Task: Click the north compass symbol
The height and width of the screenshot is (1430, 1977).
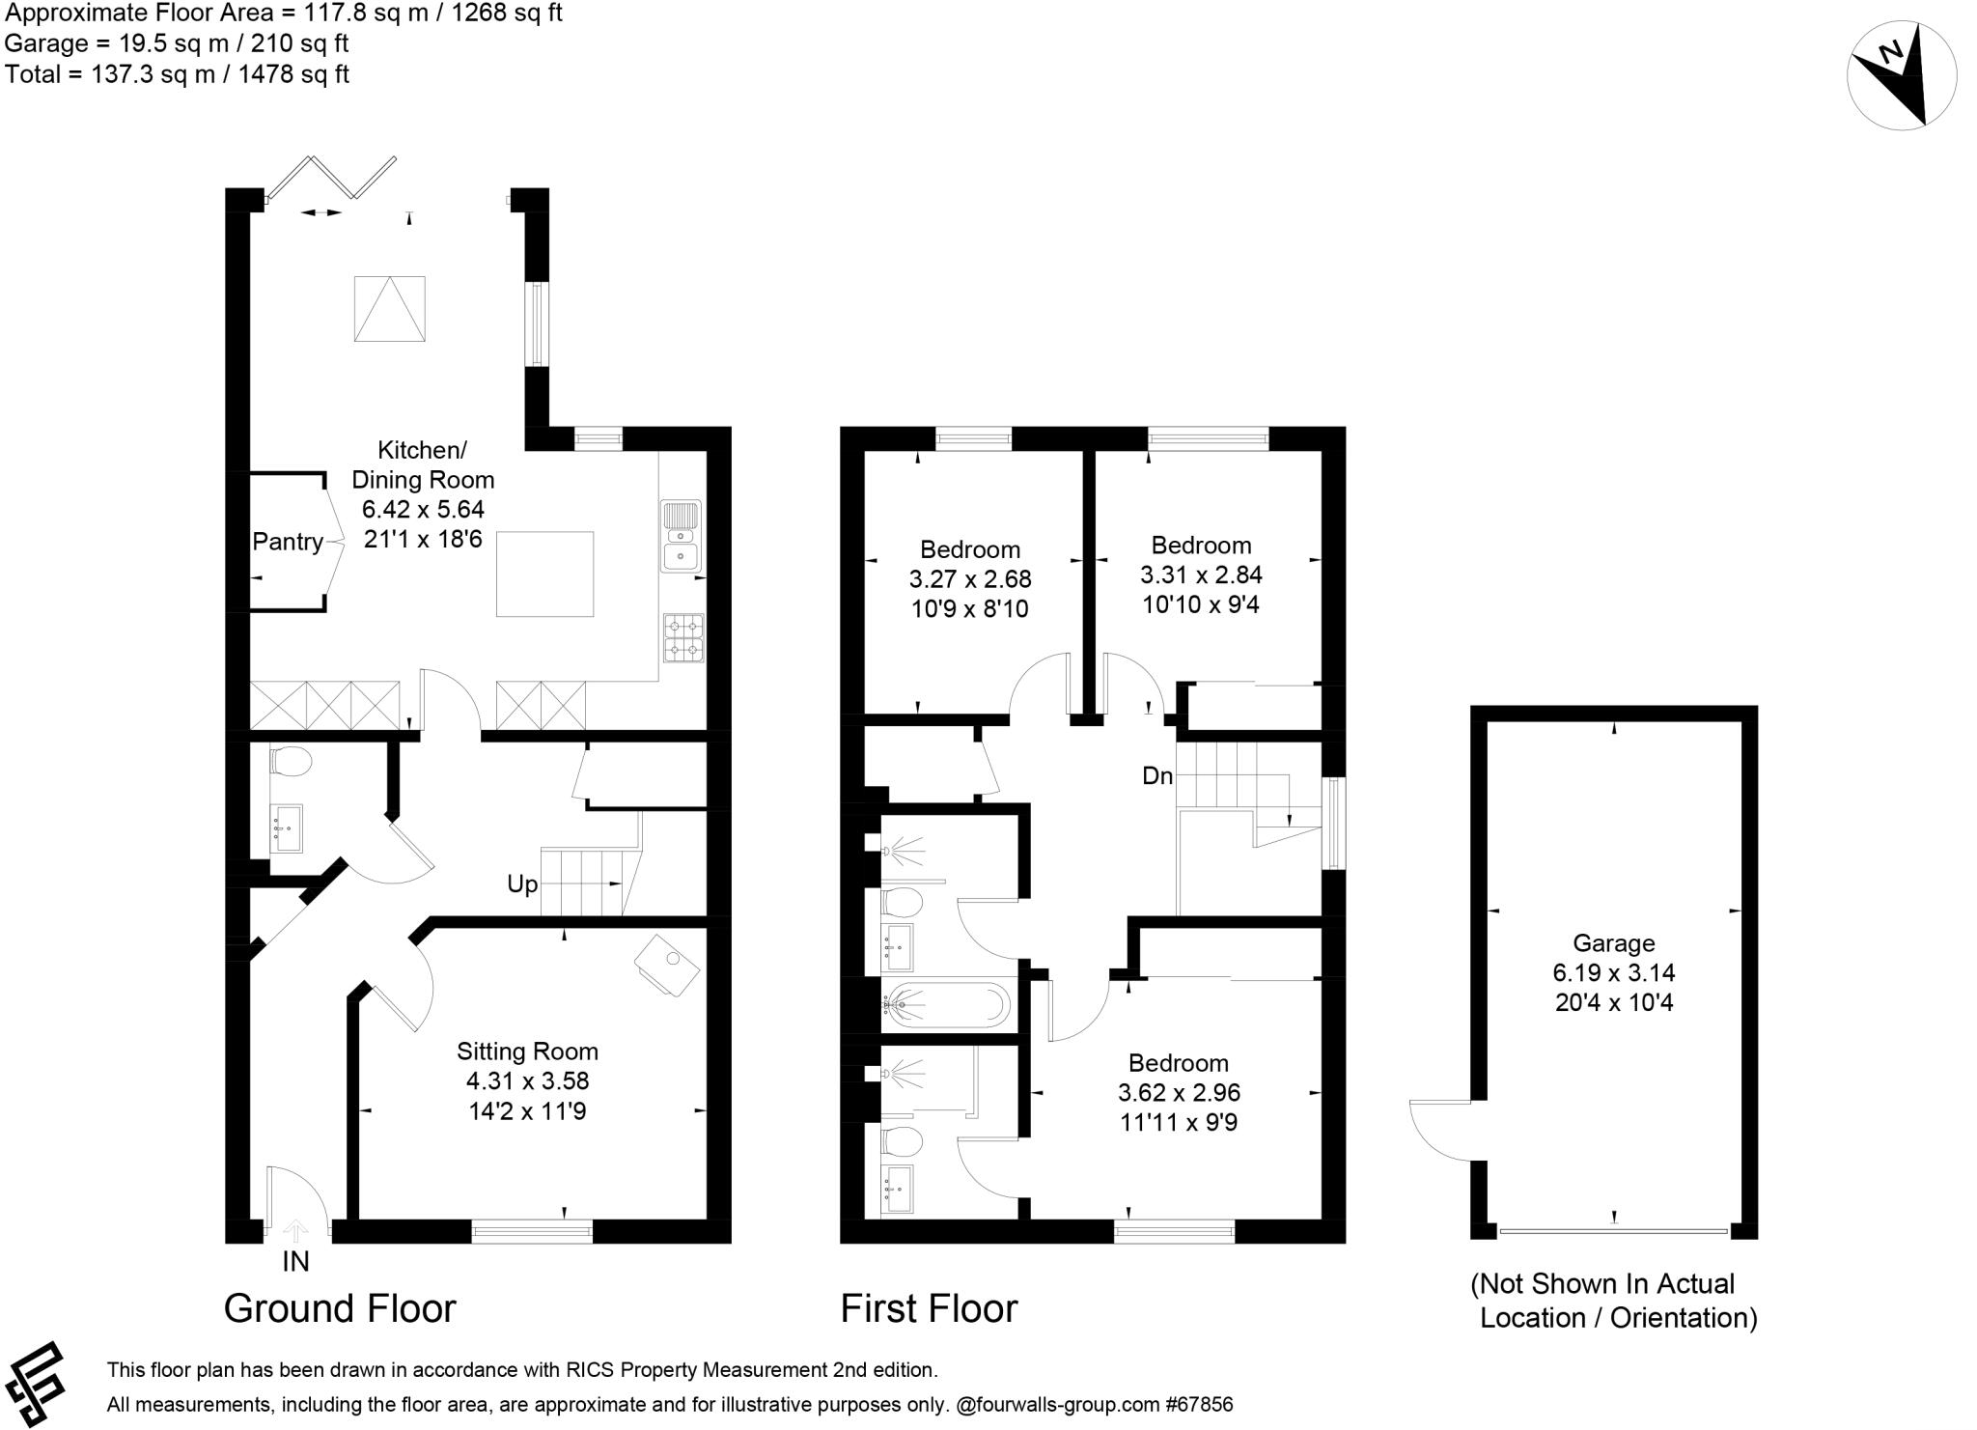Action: click(x=1901, y=75)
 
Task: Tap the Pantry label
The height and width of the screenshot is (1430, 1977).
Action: click(x=288, y=542)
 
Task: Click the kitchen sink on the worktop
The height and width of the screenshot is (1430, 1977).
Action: click(x=682, y=536)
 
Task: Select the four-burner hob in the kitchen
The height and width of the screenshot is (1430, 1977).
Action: click(x=683, y=638)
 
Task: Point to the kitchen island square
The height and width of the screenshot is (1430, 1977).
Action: click(x=544, y=574)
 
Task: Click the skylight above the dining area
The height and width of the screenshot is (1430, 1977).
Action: click(x=390, y=308)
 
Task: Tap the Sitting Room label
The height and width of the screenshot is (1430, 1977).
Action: click(x=527, y=1051)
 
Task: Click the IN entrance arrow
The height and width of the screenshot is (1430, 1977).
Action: click(x=295, y=1231)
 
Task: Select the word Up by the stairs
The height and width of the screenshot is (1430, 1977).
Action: click(x=522, y=884)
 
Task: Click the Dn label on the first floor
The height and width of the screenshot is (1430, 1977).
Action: click(x=1157, y=775)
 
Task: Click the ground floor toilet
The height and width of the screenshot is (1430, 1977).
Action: click(x=290, y=763)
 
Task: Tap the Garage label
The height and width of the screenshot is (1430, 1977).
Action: click(x=1614, y=943)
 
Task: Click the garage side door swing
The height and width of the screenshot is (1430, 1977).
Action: click(x=1439, y=1131)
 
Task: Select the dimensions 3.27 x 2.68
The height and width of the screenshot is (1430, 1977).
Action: click(x=970, y=579)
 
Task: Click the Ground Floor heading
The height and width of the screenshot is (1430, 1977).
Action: click(x=340, y=1308)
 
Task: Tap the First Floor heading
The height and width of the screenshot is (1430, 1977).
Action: click(x=929, y=1308)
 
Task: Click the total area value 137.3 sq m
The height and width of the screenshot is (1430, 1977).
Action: click(x=153, y=74)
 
